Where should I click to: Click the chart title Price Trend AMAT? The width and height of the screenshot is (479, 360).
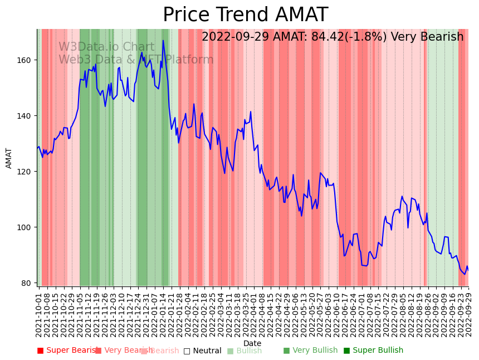[245, 15]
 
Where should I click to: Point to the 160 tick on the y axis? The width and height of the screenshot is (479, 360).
[26, 60]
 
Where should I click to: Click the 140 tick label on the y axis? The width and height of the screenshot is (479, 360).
[26, 116]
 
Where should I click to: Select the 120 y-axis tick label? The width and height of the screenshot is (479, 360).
[26, 172]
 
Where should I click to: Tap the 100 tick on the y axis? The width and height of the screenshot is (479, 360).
[26, 227]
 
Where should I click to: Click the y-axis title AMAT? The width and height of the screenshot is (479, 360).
[9, 158]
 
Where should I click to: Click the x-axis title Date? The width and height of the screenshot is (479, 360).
[252, 343]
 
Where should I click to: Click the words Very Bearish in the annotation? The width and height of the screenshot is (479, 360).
[427, 37]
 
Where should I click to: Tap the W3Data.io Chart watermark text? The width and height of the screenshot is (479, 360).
[106, 47]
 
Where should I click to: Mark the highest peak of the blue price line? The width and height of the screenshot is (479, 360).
[163, 40]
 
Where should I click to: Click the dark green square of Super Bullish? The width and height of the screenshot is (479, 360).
[347, 351]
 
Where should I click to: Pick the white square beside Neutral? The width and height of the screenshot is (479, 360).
[187, 351]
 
